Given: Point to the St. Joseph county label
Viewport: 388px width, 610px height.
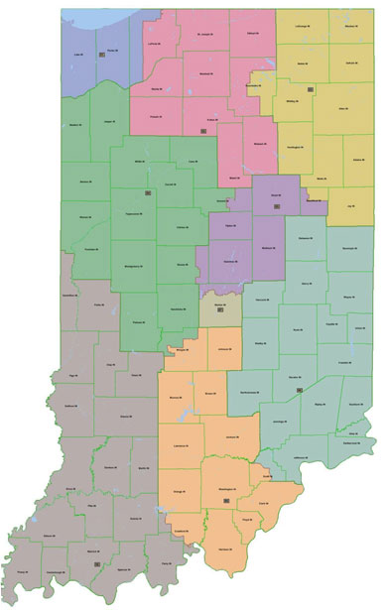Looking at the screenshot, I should point(203,36).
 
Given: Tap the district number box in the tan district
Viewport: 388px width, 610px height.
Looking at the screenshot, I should point(220,313).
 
